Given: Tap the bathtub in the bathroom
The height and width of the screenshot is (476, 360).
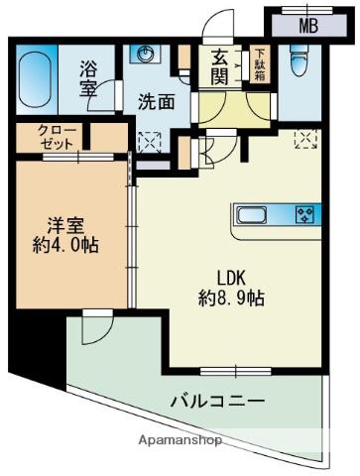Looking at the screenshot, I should (40, 75).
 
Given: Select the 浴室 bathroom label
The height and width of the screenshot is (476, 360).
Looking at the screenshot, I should (89, 79).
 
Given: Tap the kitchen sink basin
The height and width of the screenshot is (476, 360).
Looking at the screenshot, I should (251, 214).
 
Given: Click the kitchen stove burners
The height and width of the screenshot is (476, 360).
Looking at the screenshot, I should (303, 214).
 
